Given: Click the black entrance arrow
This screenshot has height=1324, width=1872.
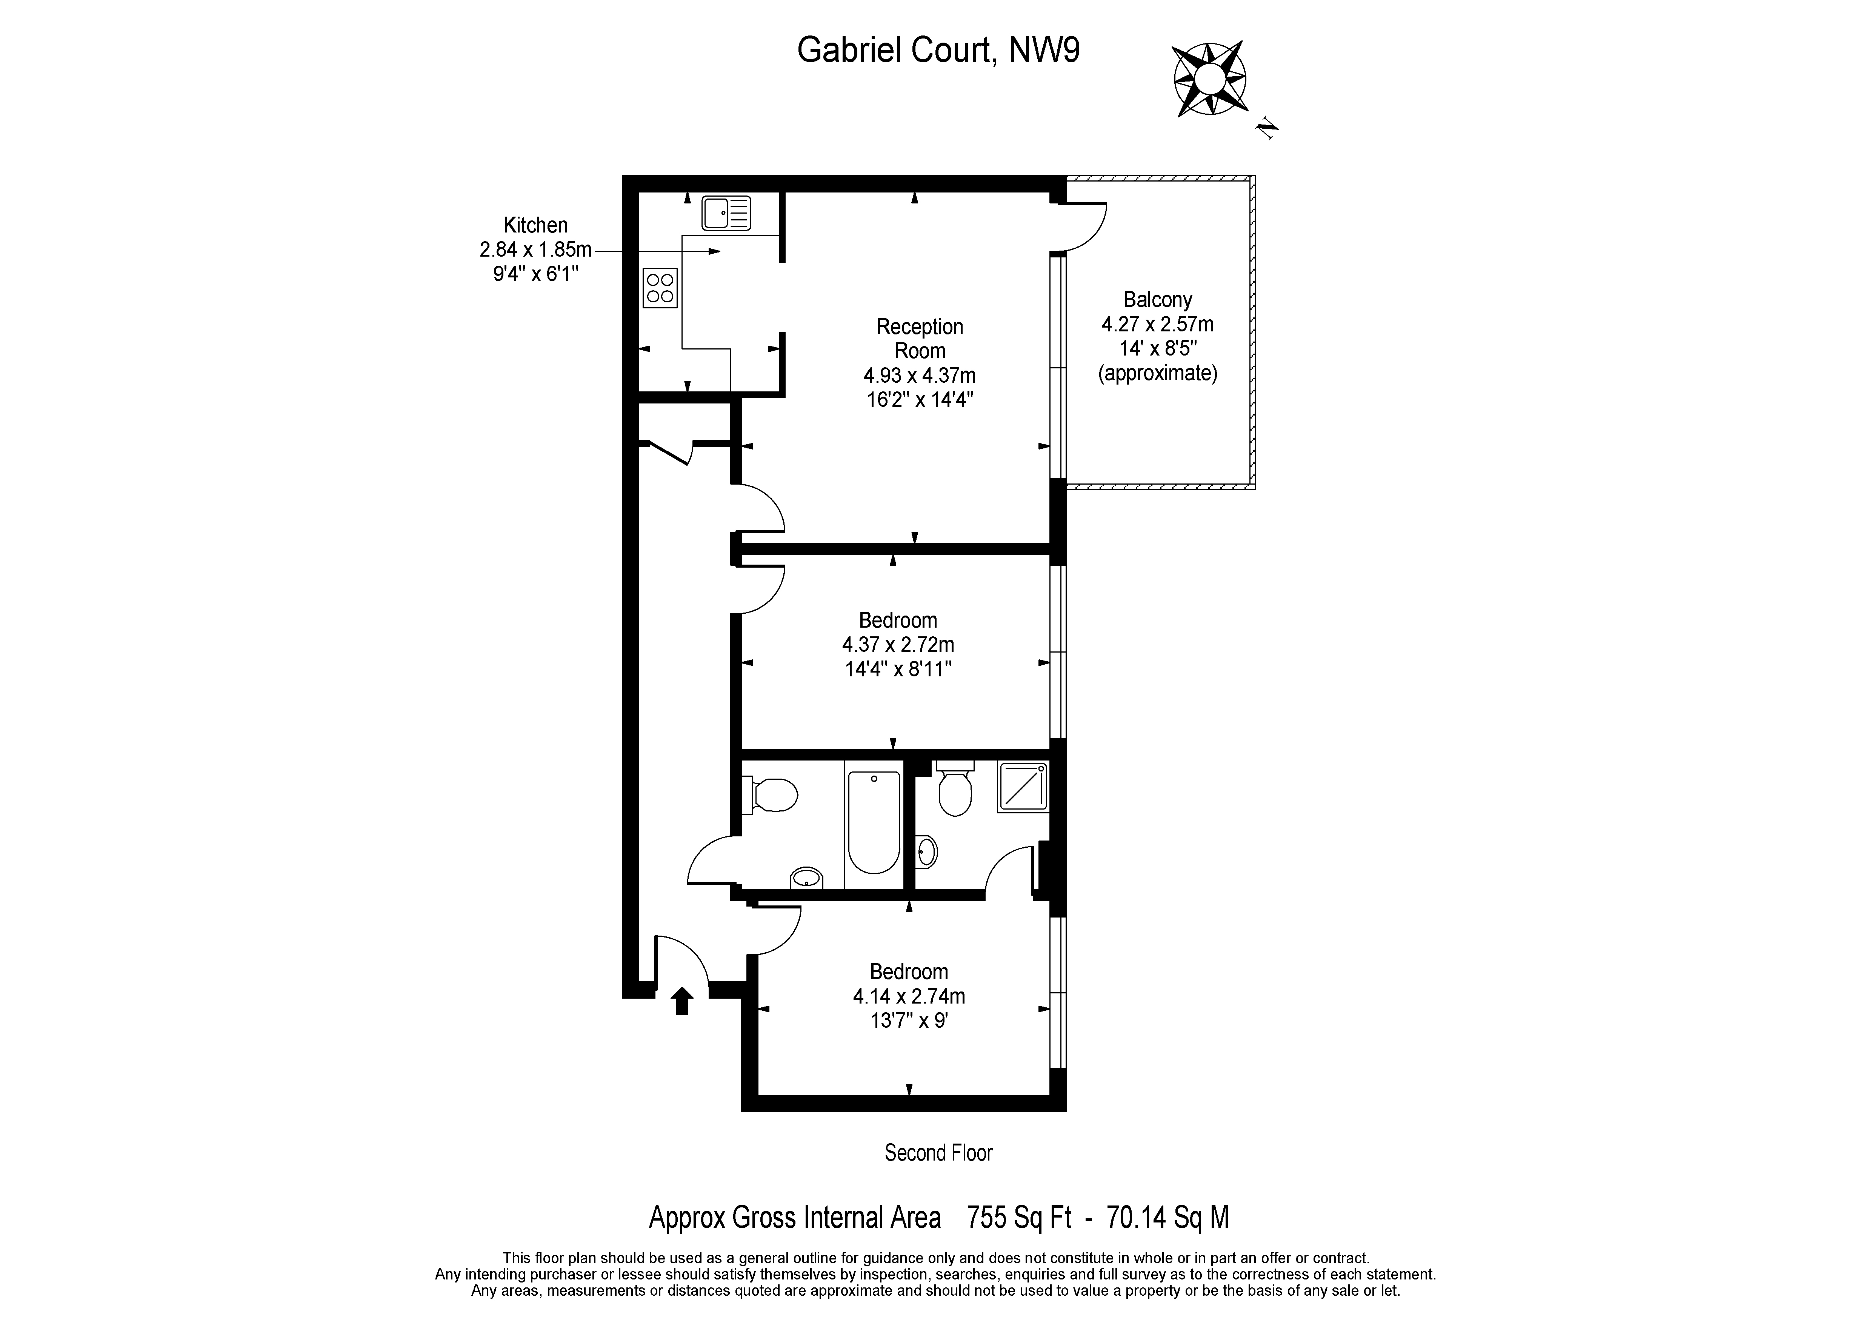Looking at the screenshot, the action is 683,1000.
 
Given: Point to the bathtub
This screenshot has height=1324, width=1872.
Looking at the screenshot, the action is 874,822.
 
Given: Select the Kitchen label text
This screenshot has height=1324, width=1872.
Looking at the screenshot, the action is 536,225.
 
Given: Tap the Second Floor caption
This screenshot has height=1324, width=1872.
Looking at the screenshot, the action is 938,1153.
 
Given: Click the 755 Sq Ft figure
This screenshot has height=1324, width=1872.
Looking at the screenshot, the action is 1018,1217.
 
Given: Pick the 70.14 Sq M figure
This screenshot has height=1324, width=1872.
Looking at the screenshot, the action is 1168,1217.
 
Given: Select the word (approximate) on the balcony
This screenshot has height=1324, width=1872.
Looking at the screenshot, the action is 1158,373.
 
